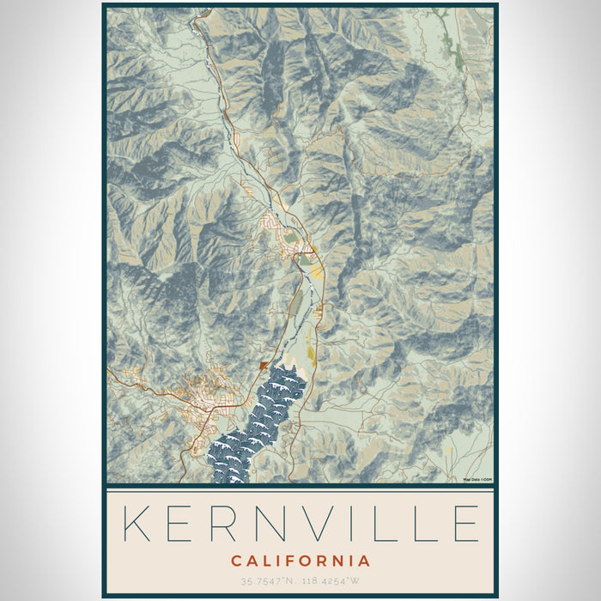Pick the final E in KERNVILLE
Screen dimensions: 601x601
[464, 523]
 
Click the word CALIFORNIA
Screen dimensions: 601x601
[300, 562]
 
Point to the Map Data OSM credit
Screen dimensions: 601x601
[477, 479]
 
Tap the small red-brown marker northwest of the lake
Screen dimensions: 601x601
[264, 365]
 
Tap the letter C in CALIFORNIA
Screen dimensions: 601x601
[235, 562]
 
